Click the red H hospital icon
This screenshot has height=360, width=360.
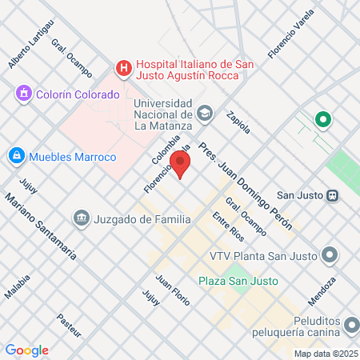[123, 69]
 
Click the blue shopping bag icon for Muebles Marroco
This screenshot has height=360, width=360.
[16, 155]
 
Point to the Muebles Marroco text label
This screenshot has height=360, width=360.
[73, 156]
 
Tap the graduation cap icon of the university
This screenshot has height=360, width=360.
[206, 114]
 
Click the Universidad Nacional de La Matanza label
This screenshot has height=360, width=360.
[162, 114]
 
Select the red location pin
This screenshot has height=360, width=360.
[182, 166]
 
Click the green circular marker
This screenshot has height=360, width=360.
[323, 120]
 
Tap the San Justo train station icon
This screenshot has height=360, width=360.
[332, 194]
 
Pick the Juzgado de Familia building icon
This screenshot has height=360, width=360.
[80, 218]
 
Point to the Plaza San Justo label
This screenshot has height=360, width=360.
[238, 281]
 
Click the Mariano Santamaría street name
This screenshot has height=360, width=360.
[40, 228]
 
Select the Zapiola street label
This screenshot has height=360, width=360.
[239, 122]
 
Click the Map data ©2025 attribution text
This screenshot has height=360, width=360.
[325, 354]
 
